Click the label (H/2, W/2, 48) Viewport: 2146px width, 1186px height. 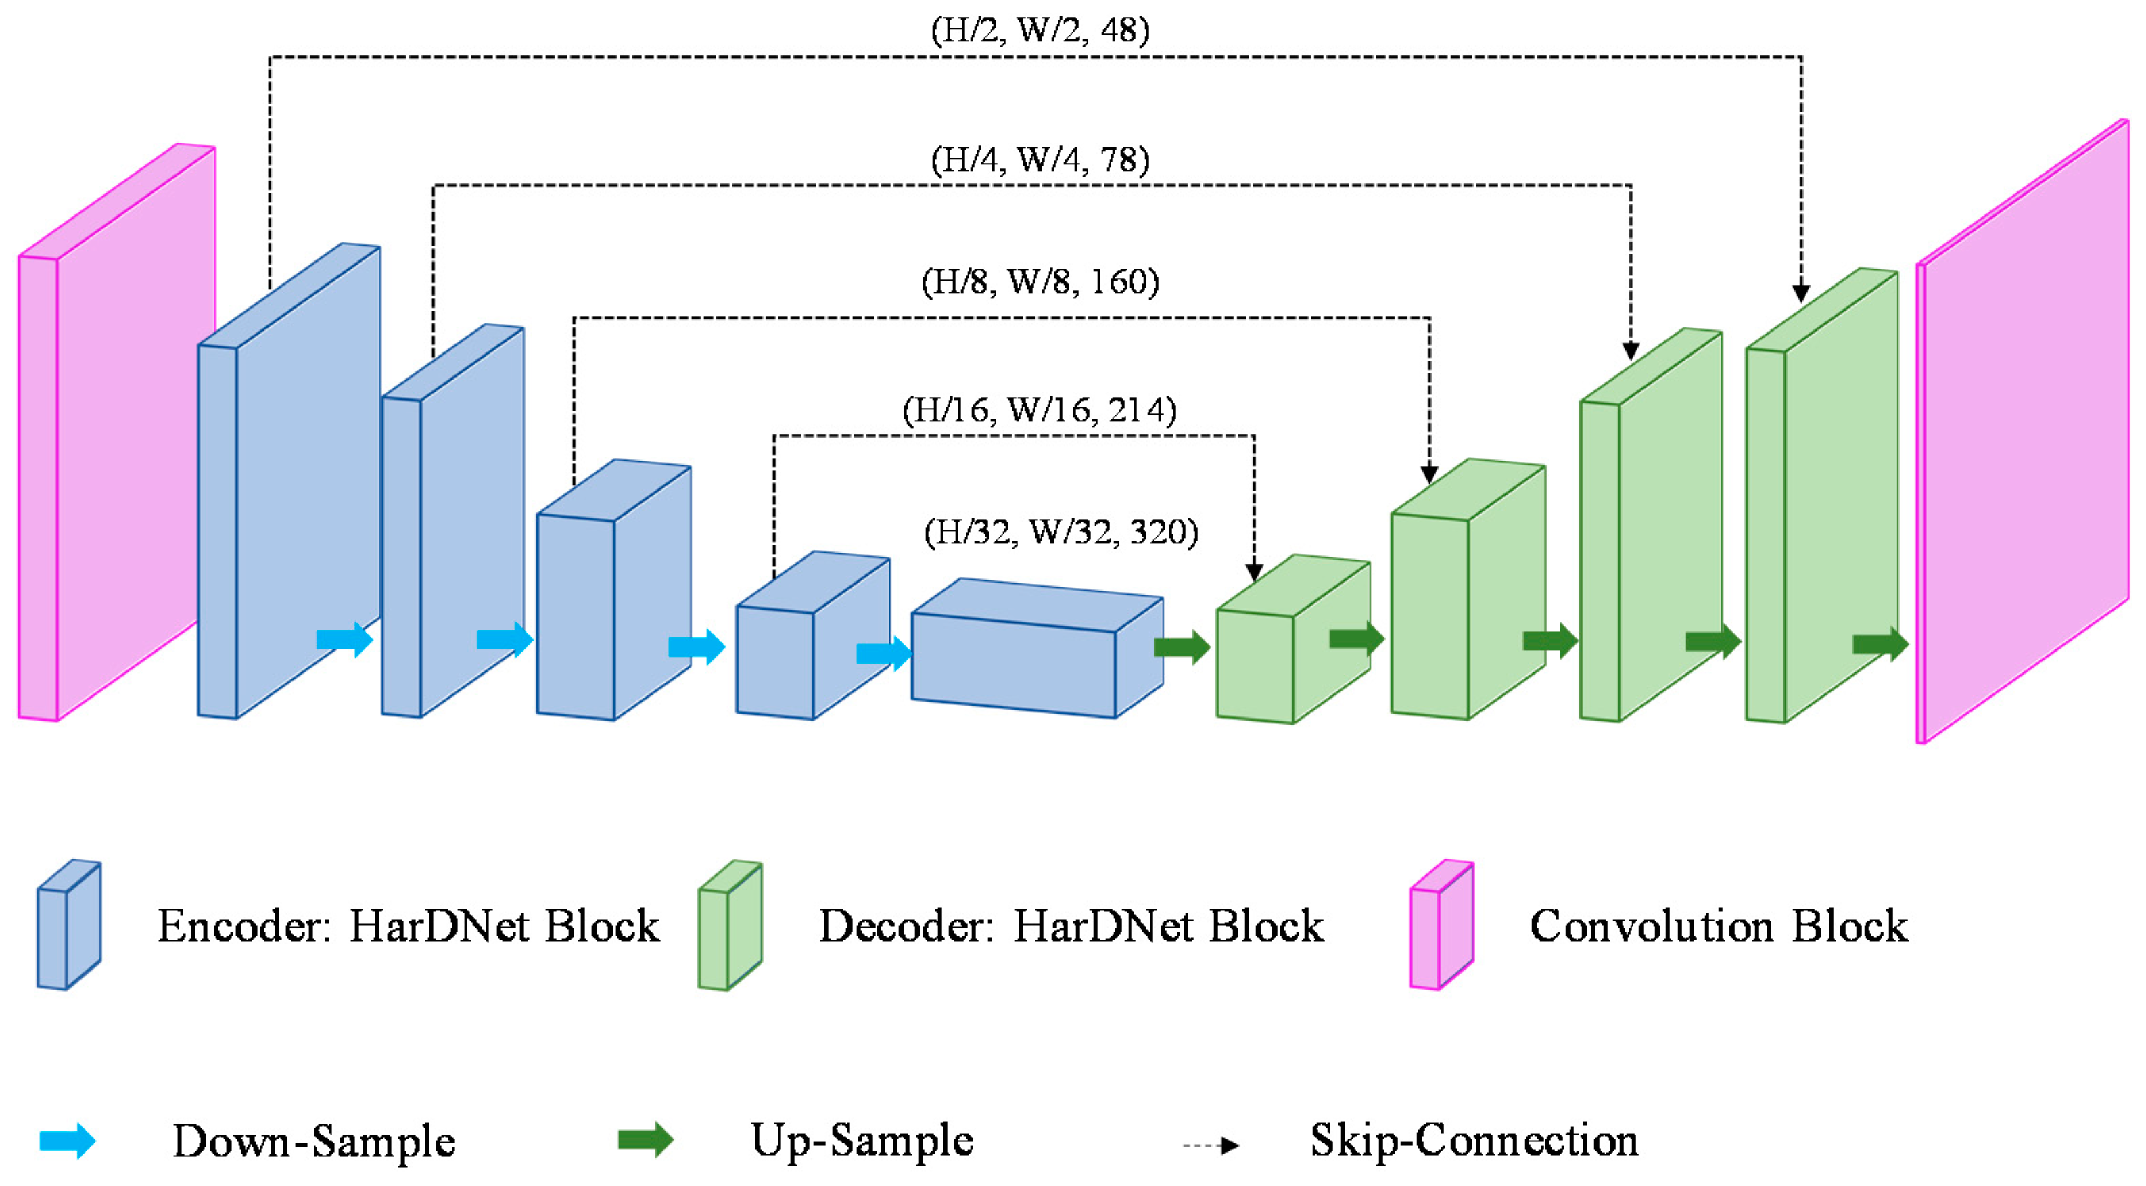(1040, 30)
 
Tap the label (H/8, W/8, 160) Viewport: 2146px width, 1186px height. (1040, 281)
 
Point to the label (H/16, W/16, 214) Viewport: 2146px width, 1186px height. (1040, 410)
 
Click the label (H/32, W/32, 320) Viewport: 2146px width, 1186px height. (1060, 532)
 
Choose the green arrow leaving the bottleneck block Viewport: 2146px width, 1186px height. (1182, 647)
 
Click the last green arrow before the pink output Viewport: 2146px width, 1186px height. (1880, 644)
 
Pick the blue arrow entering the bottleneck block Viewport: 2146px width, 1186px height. (883, 654)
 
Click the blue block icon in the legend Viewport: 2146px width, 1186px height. (69, 925)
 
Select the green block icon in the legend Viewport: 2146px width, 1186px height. (730, 925)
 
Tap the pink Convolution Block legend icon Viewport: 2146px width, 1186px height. (1441, 925)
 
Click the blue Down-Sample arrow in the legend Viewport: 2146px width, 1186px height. (68, 1141)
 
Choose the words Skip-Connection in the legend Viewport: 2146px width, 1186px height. (1474, 1141)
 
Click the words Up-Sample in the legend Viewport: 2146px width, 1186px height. (862, 1141)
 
